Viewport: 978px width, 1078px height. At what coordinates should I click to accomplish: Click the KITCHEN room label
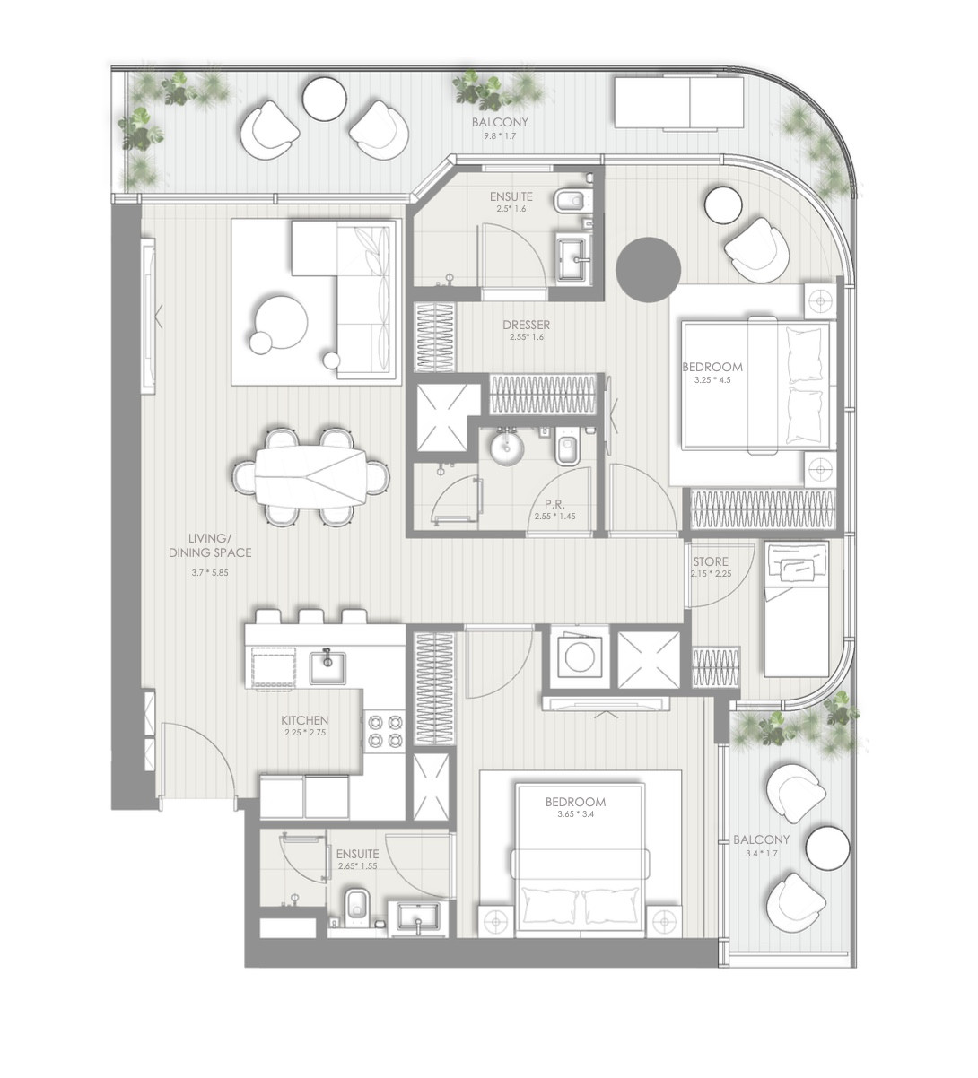(x=304, y=720)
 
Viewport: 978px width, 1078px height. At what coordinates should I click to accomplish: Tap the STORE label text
(x=710, y=562)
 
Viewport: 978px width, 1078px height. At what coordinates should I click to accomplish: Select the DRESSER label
(x=526, y=325)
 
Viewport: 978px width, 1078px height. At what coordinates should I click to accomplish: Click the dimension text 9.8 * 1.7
(x=501, y=136)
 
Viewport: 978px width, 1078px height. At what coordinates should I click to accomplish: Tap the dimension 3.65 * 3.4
(x=575, y=816)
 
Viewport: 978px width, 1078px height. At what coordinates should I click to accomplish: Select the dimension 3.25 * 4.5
(x=712, y=380)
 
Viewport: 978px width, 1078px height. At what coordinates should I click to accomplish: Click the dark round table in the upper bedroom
(x=648, y=268)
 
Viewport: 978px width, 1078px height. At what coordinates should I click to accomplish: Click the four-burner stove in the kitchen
(x=385, y=730)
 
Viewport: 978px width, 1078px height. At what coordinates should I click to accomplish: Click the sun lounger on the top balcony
(x=679, y=103)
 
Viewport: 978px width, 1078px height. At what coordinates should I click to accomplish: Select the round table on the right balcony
(x=827, y=848)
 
